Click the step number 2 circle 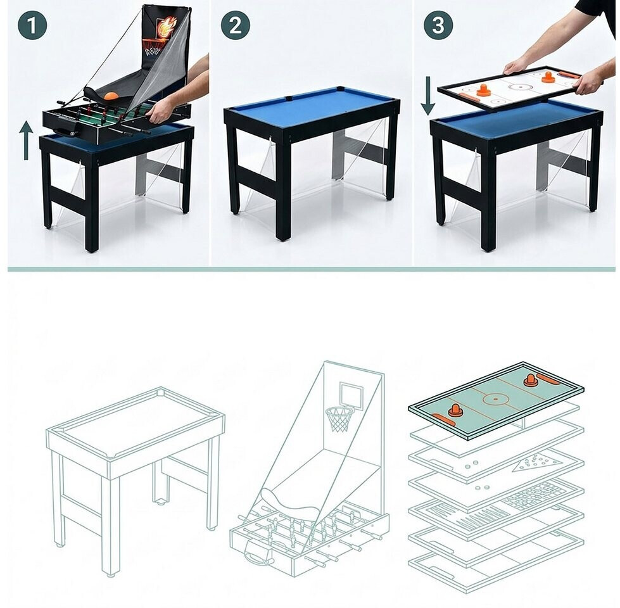236,25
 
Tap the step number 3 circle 438,25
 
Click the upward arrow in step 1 26,141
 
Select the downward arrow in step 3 427,96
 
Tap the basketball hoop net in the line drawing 339,420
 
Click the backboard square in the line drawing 351,396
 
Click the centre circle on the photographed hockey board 518,85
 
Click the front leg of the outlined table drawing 111,526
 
